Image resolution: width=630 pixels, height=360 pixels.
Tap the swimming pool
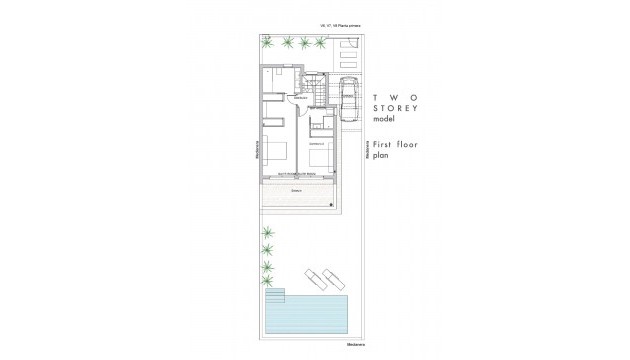point(309,316)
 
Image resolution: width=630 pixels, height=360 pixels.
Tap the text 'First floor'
point(394,145)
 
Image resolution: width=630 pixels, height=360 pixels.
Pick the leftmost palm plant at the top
point(269,42)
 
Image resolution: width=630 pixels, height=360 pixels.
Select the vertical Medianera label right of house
point(367,150)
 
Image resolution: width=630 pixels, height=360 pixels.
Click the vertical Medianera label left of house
point(257,150)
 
